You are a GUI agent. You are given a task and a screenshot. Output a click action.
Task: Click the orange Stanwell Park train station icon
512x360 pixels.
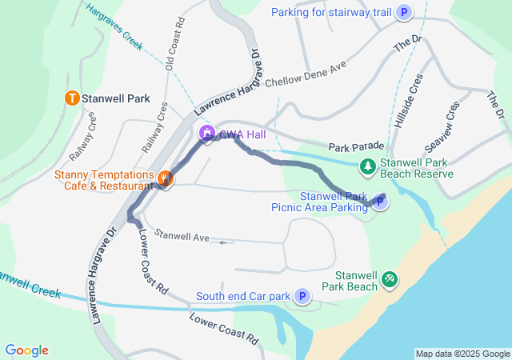click(71, 99)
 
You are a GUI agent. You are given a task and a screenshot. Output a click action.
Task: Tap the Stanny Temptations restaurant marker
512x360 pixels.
click(165, 179)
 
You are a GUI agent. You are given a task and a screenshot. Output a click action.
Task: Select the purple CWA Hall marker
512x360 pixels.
click(207, 134)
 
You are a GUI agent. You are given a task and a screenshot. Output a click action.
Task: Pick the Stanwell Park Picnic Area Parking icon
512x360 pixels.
click(381, 203)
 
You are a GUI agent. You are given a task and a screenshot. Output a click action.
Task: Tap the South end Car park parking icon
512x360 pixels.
click(302, 297)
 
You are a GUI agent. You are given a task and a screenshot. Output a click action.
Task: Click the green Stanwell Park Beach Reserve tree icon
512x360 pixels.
click(367, 166)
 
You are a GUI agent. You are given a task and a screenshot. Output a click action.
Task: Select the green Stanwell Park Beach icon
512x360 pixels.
click(389, 278)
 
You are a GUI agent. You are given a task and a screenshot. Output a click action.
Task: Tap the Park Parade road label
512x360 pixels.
click(355, 146)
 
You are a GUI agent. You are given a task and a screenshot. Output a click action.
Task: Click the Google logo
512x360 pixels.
click(26, 350)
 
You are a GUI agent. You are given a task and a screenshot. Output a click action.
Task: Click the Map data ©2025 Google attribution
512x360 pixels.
click(462, 354)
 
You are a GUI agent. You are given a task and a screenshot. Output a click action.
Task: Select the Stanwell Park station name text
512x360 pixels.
click(116, 99)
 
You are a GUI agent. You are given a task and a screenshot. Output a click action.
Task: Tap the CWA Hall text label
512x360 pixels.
click(245, 134)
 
